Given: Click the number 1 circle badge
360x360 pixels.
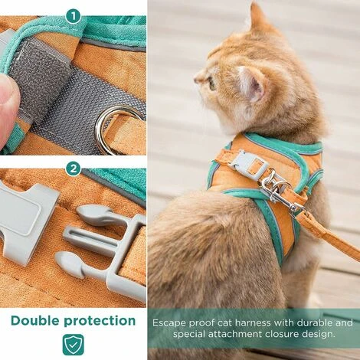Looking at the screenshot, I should coord(73,15).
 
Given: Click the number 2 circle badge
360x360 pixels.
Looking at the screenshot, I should coord(73,169).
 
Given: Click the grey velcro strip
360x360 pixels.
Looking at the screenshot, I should coord(73,92).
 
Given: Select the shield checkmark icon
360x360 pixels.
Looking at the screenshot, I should coord(73,344).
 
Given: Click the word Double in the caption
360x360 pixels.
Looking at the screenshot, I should coord(39,319).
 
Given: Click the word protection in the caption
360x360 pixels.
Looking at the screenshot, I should coord(103,319).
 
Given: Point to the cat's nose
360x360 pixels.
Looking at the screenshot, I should coord(196,77).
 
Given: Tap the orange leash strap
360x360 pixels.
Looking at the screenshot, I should coord(329,233).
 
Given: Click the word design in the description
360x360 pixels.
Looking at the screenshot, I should coord(313,335).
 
